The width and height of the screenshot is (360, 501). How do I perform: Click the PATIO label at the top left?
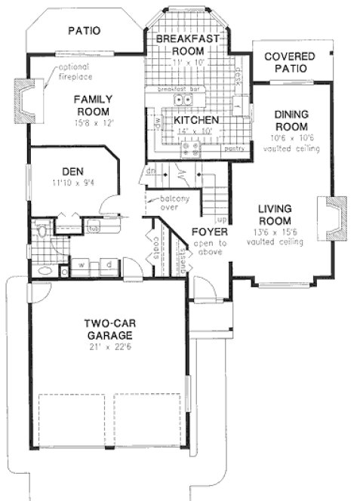click(85, 31)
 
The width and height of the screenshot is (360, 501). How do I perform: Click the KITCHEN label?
click(196, 120)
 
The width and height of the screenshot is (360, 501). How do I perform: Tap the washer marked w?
click(81, 265)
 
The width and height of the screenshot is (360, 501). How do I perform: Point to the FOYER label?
click(205, 231)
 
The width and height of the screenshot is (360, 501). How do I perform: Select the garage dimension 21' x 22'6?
click(111, 346)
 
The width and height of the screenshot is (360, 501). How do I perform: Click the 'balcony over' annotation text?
click(172, 203)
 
